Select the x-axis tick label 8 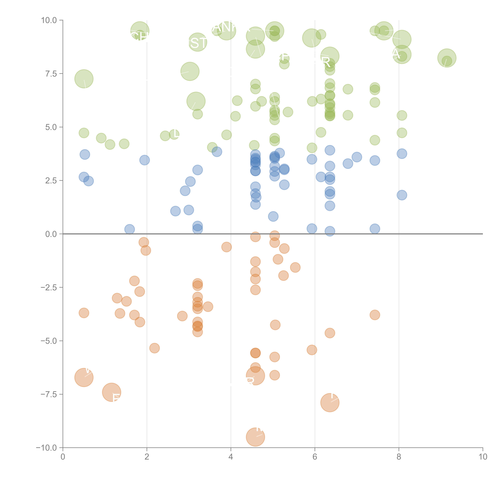pos(399,457)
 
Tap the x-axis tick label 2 pos(147,457)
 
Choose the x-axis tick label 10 pos(483,457)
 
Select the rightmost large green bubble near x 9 pos(447,58)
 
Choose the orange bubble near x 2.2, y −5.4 pos(154,348)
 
